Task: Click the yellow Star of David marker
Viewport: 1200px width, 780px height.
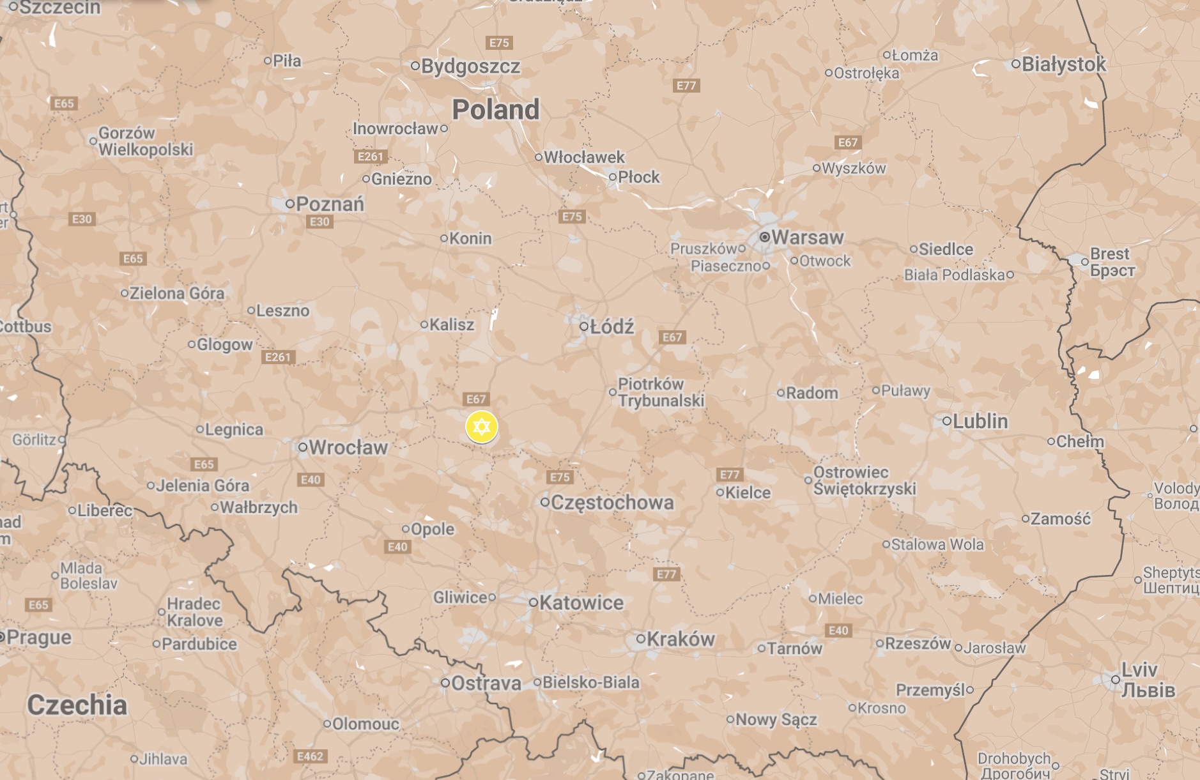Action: pos(482,427)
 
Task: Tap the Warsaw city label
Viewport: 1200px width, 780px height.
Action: pos(807,237)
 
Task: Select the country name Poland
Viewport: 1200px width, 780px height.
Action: pos(496,109)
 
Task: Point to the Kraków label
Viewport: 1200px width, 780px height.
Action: pos(680,639)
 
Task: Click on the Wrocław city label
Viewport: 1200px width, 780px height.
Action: pos(348,447)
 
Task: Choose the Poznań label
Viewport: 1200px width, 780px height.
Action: pos(330,204)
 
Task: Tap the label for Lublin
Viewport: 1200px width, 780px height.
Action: pos(980,421)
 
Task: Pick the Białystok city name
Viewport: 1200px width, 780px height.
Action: pos(1064,64)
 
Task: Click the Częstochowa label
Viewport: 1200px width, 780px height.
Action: pos(612,503)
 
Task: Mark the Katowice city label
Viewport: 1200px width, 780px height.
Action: pos(581,602)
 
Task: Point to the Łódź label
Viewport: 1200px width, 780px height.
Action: pos(612,326)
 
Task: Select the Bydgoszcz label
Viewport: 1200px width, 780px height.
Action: pos(470,66)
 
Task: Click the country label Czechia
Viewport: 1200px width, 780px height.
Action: pos(77,705)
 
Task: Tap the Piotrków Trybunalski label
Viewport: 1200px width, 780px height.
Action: pos(661,392)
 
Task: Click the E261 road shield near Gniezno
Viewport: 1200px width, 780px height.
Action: pos(371,157)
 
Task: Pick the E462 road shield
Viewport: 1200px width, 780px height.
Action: pos(311,756)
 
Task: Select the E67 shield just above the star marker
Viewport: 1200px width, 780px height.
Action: pos(476,399)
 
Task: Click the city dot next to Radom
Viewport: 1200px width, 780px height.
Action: pos(780,393)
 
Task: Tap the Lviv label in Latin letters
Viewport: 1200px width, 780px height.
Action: pos(1139,669)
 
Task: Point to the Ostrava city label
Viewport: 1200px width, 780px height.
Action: pos(486,683)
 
